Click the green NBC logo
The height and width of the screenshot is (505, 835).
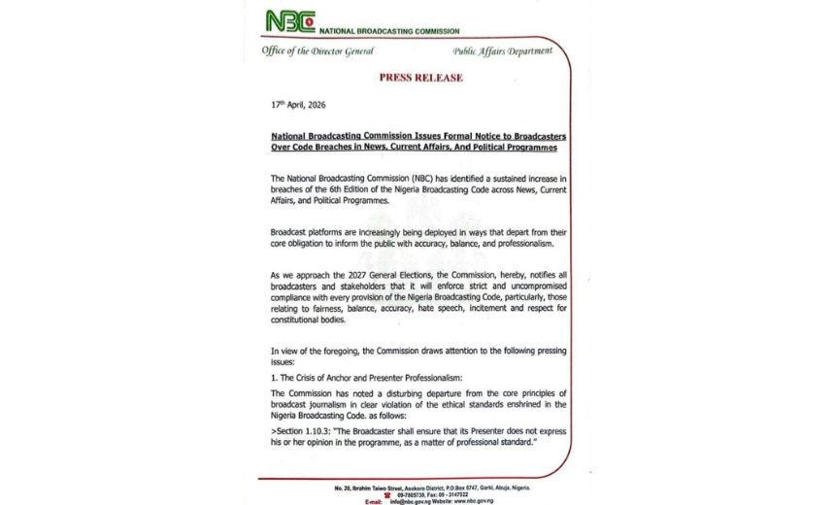pyautogui.click(x=290, y=20)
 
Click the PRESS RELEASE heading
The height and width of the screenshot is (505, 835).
pyautogui.click(x=420, y=77)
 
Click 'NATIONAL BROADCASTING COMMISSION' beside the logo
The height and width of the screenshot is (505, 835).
pyautogui.click(x=390, y=31)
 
